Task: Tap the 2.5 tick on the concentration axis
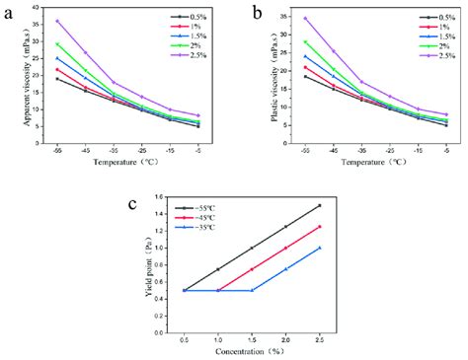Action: coord(320,338)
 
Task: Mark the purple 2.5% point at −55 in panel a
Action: coord(57,21)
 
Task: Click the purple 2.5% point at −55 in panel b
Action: coord(305,18)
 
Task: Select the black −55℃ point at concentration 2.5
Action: coord(320,205)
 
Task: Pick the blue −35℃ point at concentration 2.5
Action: coord(320,248)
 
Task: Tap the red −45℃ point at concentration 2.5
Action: coord(320,227)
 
